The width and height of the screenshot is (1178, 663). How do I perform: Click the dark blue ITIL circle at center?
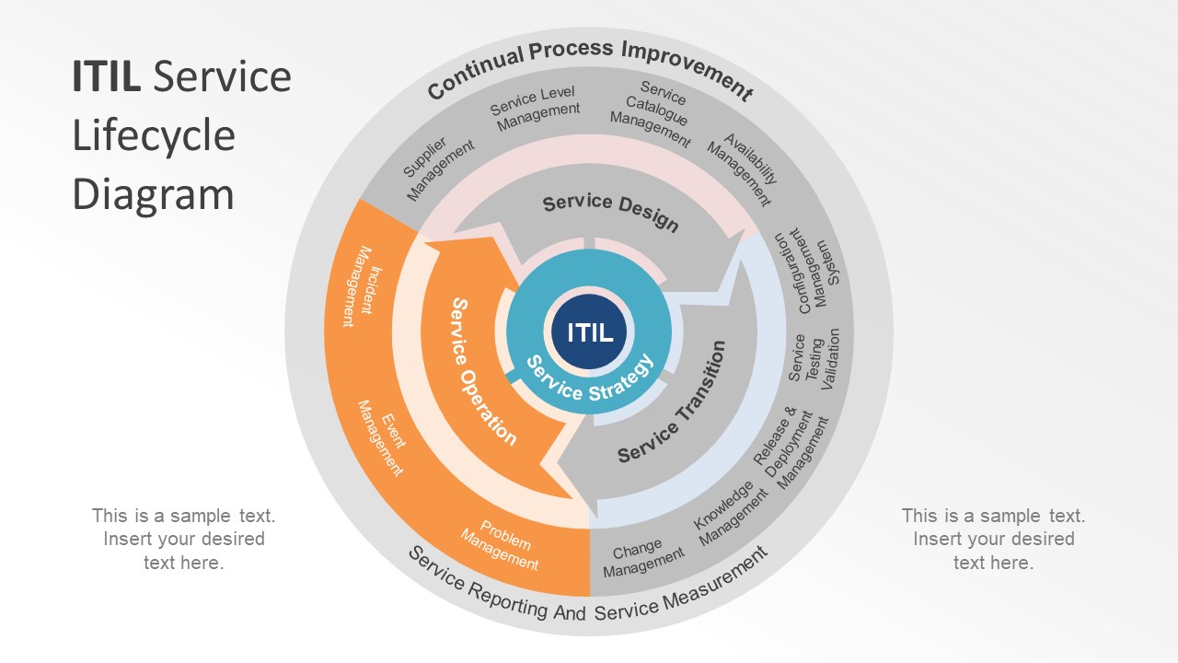coord(589,332)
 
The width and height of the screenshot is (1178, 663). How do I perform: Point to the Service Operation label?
coord(482,371)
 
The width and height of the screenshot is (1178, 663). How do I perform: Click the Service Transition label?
coord(672,401)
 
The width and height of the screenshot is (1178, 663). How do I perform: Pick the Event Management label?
coord(380,437)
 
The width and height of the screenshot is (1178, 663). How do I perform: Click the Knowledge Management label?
coord(730,513)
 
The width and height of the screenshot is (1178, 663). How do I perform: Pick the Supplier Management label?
coord(438,169)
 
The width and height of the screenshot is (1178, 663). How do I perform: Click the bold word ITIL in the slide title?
coord(106,76)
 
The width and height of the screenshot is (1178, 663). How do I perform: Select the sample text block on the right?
coord(993,539)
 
